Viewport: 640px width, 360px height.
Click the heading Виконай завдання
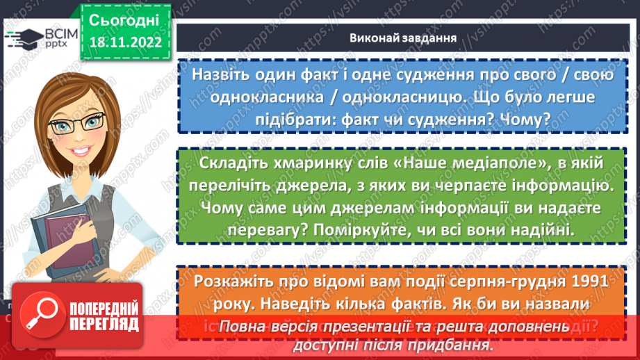(x=402, y=38)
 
